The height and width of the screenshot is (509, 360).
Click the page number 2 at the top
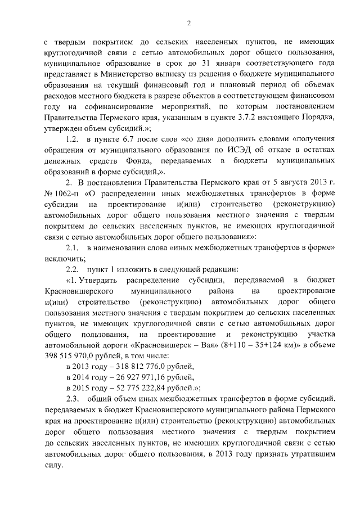190,23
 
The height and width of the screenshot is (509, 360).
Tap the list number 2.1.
72,248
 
